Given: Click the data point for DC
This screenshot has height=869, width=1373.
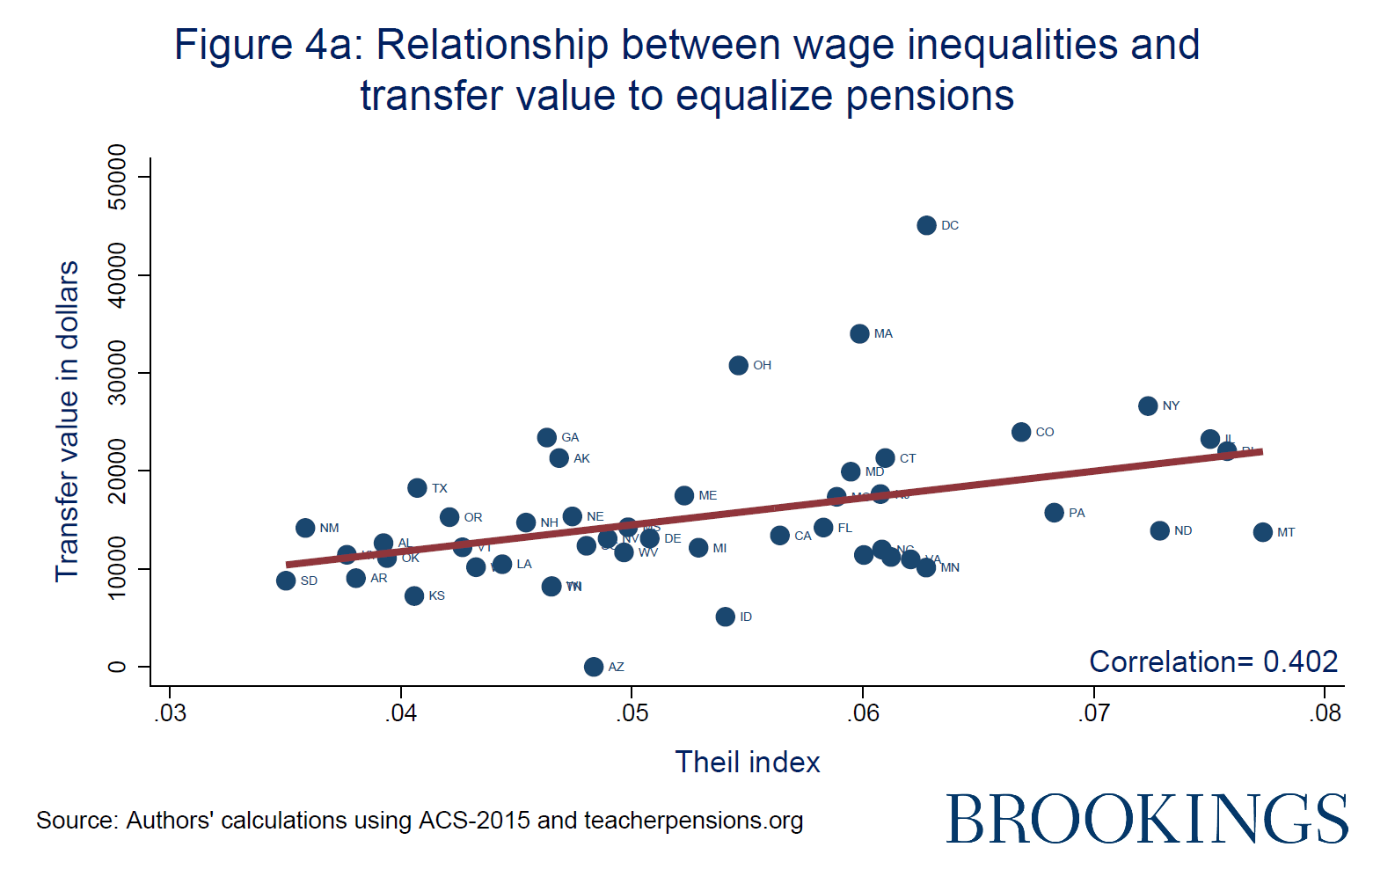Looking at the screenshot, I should [x=926, y=225].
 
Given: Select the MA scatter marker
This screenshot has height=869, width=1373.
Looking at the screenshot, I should [x=859, y=333].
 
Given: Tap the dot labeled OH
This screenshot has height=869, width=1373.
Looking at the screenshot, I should [x=738, y=365].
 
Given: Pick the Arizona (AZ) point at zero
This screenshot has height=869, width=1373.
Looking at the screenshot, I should [x=594, y=667].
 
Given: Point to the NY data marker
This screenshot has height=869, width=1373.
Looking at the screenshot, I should [x=1148, y=405].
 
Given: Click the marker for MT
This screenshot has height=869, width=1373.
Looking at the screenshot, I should [x=1263, y=532].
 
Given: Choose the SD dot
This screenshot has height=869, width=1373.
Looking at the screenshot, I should [x=286, y=581].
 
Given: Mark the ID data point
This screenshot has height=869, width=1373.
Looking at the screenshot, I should [x=725, y=617].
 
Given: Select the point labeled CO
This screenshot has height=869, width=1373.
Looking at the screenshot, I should [x=1021, y=432].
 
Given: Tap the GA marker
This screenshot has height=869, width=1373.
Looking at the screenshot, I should [x=547, y=437].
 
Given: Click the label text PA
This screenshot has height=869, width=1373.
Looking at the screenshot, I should [x=1077, y=513].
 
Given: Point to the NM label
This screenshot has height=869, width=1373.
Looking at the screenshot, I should [x=329, y=528].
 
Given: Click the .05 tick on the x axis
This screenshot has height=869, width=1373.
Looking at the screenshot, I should [x=632, y=713].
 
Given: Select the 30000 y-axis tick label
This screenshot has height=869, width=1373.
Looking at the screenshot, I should [x=116, y=374].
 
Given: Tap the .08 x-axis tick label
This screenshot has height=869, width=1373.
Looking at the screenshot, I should [x=1326, y=713].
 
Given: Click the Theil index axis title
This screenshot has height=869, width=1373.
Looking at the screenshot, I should [x=747, y=762].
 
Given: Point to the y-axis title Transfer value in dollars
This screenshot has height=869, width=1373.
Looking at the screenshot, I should [x=67, y=421].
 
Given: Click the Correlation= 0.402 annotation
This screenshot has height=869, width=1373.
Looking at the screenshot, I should [x=1213, y=661].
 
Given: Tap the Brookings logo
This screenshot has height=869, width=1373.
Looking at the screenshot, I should [x=1147, y=819].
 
